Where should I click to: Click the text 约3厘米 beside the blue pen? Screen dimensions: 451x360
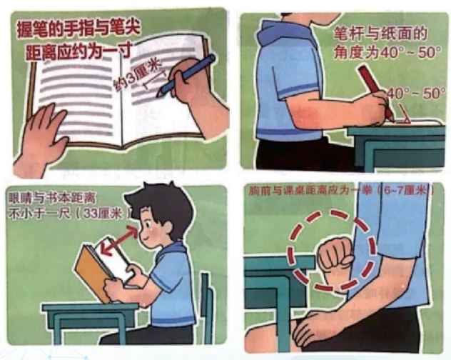coord(136,76)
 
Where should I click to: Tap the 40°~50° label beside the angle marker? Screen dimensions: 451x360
coord(416,94)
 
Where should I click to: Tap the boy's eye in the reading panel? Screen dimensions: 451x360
coord(147,224)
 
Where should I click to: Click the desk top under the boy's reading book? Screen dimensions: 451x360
coord(90,308)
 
